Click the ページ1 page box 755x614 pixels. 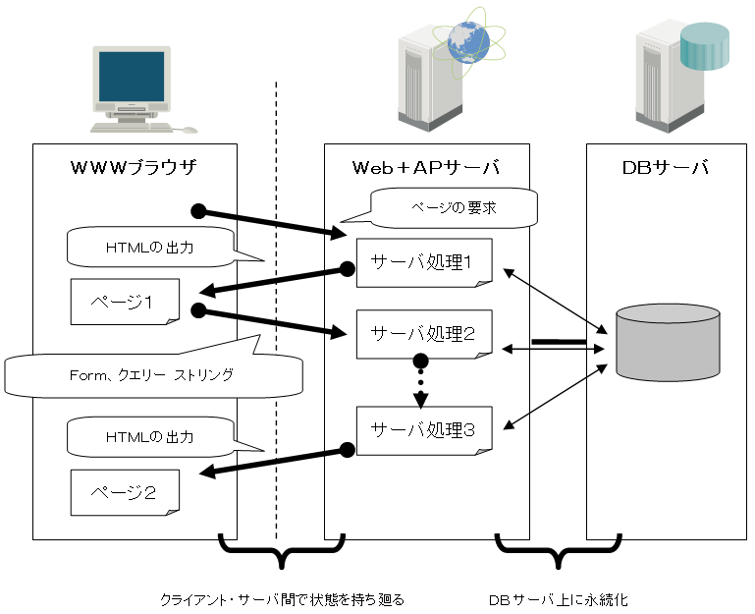point(124,302)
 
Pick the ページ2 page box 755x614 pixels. point(124,492)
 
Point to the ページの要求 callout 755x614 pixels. point(453,207)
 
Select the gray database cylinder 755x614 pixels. point(668,343)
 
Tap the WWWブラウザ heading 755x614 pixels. point(135,167)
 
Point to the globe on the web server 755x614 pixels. point(466,41)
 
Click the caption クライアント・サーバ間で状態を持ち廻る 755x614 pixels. point(282,598)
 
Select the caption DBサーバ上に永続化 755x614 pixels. point(557,598)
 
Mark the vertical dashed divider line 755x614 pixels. point(277,295)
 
